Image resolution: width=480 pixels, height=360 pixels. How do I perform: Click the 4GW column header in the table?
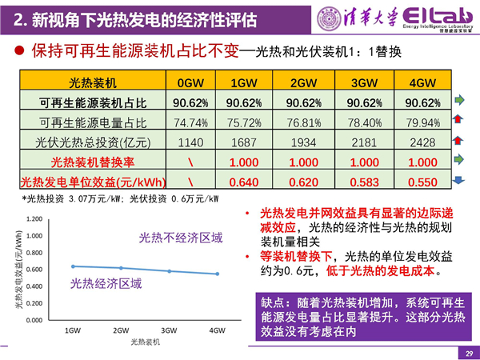click(421, 83)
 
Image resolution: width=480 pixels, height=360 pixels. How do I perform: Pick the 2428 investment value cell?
click(421, 142)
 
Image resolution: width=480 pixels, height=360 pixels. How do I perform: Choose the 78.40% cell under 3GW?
click(364, 122)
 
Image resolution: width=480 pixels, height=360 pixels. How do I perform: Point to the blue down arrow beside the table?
click(461, 180)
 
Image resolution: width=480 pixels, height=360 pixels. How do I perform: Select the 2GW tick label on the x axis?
click(121, 330)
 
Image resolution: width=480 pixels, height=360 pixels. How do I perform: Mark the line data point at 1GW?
click(73, 266)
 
